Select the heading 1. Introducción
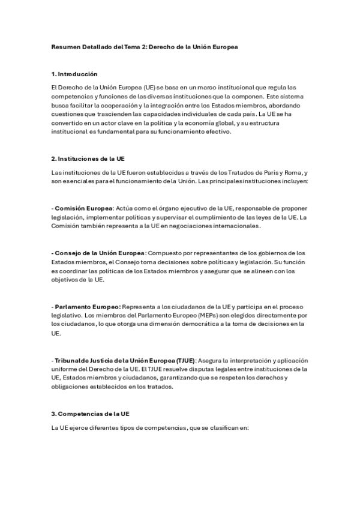pyautogui.click(x=74, y=74)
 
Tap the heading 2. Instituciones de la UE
pyautogui.click(x=88, y=158)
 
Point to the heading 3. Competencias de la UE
pyautogui.click(x=90, y=414)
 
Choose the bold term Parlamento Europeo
pyautogui.click(x=88, y=306)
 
